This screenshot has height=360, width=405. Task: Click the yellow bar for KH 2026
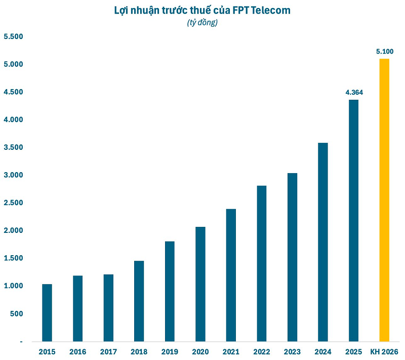click(x=384, y=200)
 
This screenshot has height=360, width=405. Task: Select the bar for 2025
click(x=353, y=220)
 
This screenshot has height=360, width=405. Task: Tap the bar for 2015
click(x=47, y=312)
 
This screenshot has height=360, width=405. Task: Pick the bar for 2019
click(x=170, y=291)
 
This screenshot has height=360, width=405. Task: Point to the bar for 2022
click(x=261, y=263)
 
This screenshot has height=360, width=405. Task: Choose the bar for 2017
click(x=108, y=308)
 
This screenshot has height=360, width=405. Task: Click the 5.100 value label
click(x=385, y=52)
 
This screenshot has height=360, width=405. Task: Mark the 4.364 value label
click(x=354, y=93)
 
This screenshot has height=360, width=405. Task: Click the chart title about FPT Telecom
click(x=202, y=11)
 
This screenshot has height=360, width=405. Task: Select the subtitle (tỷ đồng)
click(x=202, y=23)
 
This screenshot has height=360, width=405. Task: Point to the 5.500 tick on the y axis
click(x=14, y=37)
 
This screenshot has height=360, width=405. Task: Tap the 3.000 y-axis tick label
click(x=14, y=175)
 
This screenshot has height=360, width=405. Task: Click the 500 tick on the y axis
click(x=16, y=314)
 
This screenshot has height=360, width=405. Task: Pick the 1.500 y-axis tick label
click(x=14, y=258)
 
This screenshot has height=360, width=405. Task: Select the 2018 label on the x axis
click(x=139, y=351)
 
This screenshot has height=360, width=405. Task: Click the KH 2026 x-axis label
click(x=384, y=351)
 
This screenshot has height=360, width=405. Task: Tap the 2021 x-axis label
click(x=231, y=351)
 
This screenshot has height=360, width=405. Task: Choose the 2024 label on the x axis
click(x=323, y=351)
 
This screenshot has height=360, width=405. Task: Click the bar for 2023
click(x=292, y=257)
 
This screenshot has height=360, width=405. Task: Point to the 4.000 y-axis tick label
click(x=14, y=120)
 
